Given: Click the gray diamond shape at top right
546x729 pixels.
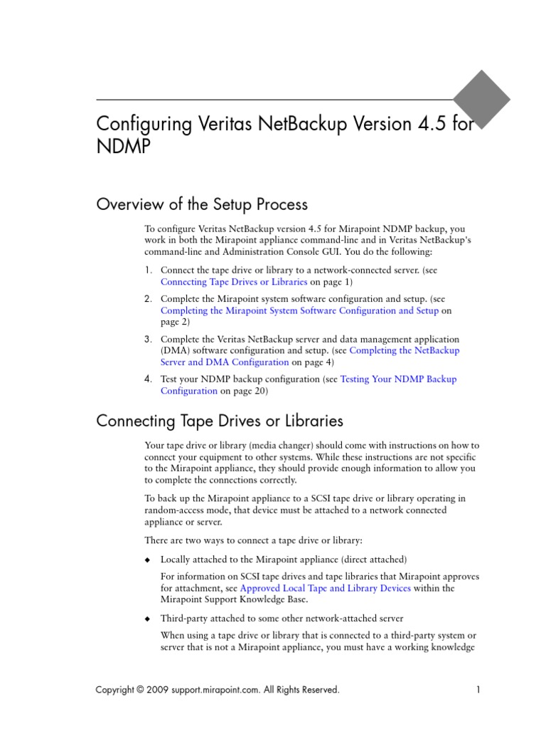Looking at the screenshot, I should coord(482,99).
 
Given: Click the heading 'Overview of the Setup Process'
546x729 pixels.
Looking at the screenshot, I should coord(202,204).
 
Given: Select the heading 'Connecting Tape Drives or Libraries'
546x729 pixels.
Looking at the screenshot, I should coord(220,421).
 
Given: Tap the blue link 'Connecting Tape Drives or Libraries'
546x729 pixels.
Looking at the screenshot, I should coord(234,282).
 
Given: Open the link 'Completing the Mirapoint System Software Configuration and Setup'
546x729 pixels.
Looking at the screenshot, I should coord(299,310).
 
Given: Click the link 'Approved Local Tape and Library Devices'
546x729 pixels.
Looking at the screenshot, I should coord(326,588).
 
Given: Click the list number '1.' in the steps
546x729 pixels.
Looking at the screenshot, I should coord(148,271).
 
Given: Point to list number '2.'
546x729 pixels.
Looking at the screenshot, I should coord(148,299).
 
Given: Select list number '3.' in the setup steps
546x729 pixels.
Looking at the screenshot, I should coord(148,340).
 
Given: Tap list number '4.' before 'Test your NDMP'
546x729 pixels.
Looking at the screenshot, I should coord(148,379).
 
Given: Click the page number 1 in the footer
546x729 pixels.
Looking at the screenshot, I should coord(478,689).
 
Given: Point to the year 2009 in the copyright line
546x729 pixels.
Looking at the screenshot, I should coord(158,689).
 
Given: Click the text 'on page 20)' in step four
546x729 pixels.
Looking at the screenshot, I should coord(244,391).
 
